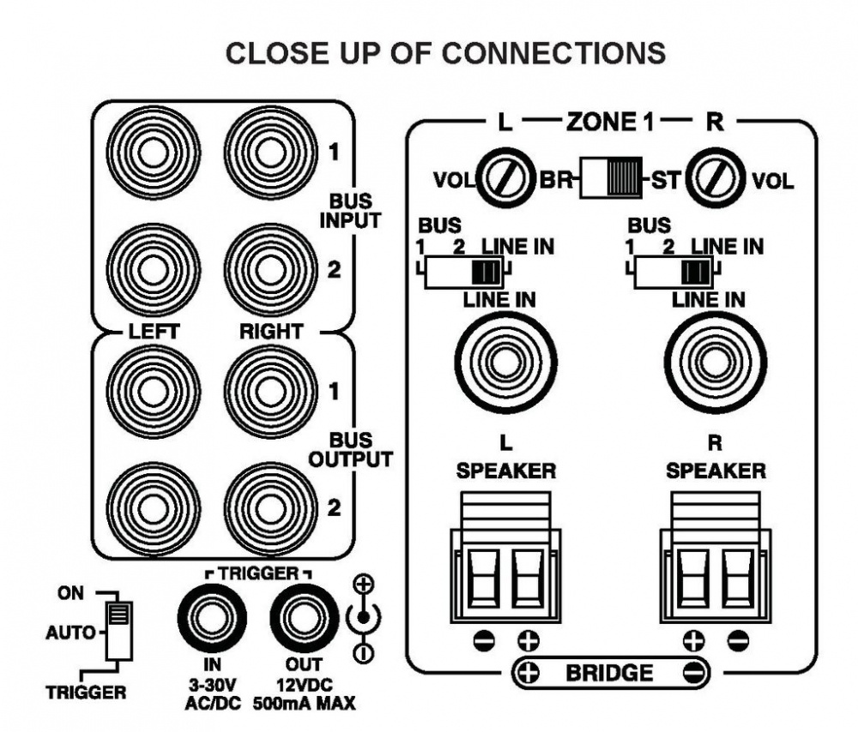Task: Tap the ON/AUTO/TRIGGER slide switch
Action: click(x=119, y=629)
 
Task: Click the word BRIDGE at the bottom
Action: click(x=609, y=673)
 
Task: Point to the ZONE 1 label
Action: click(x=607, y=122)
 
